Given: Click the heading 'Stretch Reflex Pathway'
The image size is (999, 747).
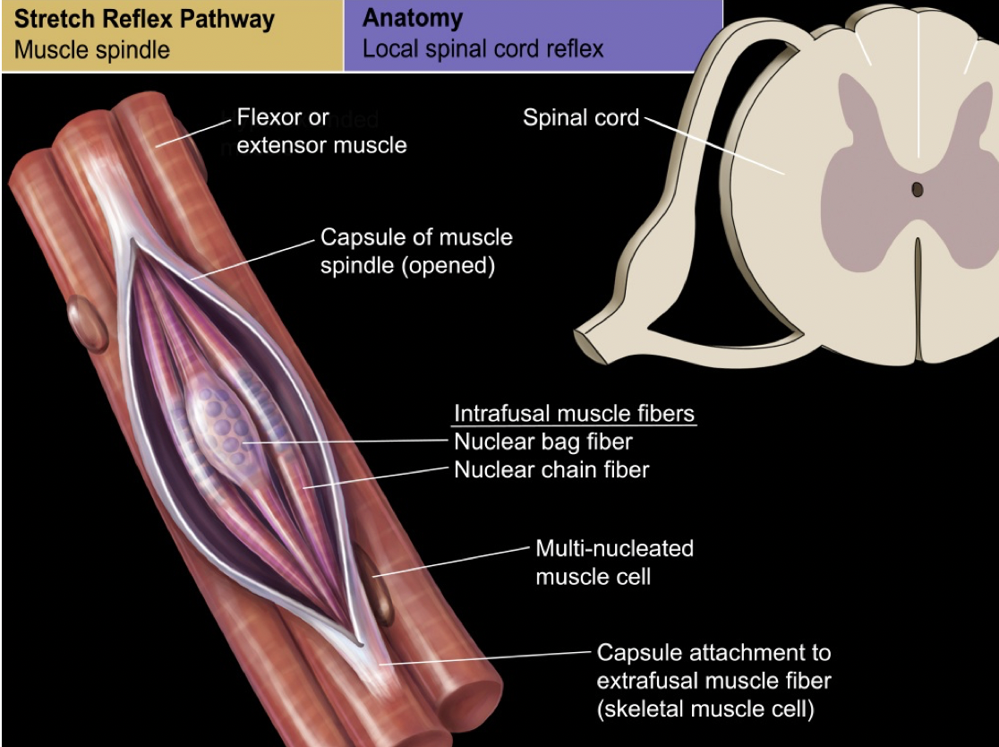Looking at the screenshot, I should click(144, 20).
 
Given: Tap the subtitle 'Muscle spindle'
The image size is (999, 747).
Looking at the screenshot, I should click(92, 49).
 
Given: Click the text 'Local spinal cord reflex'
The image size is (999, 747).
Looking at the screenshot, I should click(482, 48).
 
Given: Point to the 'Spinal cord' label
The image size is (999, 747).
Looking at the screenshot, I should click(580, 117).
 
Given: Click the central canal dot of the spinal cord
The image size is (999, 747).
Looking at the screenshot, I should click(917, 189).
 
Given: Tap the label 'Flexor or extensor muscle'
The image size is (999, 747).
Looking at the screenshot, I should click(320, 131).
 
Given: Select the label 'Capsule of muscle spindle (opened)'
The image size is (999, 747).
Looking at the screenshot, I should click(416, 253).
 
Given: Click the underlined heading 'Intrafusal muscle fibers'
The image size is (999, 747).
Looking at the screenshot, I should click(575, 414).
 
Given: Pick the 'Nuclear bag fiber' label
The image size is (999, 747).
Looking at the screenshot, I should click(543, 442).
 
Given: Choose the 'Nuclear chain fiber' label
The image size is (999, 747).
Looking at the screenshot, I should click(551, 468).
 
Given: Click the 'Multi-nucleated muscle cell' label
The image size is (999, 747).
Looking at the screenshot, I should click(614, 562).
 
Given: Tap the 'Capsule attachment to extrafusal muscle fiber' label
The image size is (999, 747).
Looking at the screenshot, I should click(713, 666).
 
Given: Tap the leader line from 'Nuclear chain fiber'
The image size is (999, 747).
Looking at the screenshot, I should click(376, 477).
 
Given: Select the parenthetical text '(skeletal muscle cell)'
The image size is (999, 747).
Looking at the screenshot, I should click(705, 711).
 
